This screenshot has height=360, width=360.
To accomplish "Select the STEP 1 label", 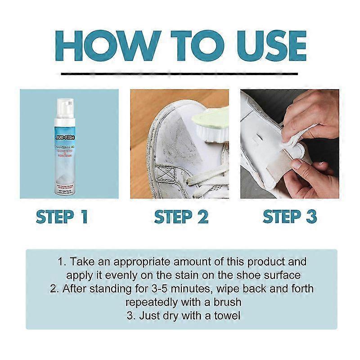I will tap(62, 216).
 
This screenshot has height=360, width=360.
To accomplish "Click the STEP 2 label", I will tap(181, 216).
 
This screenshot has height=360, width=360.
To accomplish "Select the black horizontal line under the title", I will tap(180, 73).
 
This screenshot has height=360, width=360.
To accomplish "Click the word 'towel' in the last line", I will tap(227, 316).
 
